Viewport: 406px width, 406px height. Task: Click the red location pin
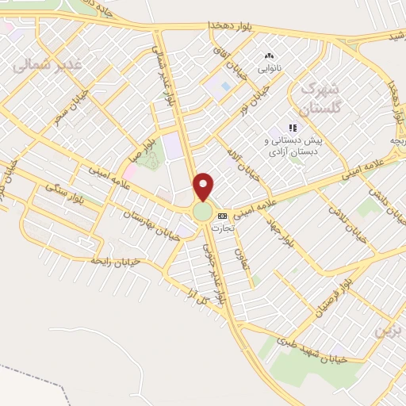click(204, 186)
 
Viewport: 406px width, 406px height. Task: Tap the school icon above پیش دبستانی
click(293, 128)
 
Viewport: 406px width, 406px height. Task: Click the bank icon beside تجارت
click(222, 216)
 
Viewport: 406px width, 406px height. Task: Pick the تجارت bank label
click(221, 227)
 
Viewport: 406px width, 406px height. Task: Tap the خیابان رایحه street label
click(114, 260)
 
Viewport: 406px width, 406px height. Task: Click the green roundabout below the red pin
click(203, 213)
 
